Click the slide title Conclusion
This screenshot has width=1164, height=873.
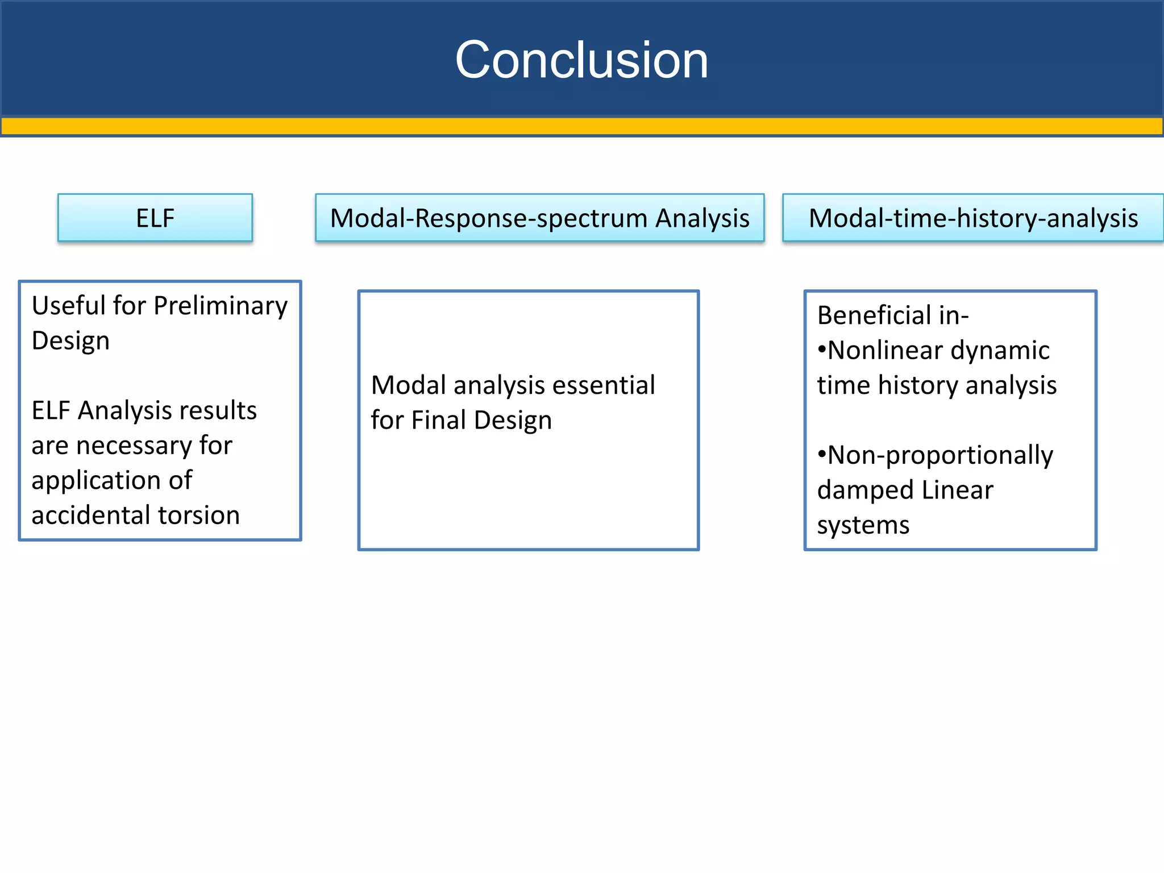coord(581,60)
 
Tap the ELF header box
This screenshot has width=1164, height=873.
coord(155,218)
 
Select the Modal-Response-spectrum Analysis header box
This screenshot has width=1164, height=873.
coord(539,218)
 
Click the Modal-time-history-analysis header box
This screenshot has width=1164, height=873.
coord(973,218)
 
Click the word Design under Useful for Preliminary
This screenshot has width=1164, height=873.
coord(70,341)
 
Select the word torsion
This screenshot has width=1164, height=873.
coord(199,515)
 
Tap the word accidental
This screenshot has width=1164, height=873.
coord(91,515)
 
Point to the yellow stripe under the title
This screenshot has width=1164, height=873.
coord(581,126)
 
